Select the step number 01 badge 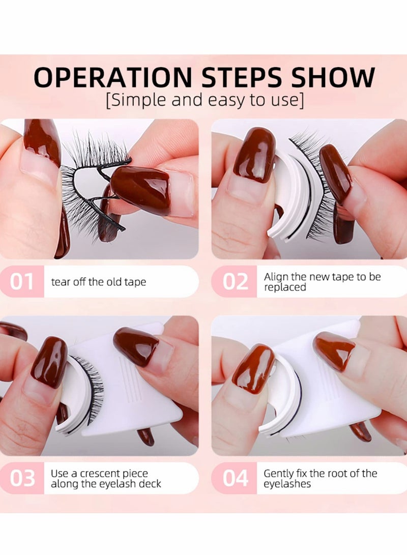[22, 281]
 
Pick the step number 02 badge [235, 281]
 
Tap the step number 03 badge [22, 478]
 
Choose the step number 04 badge [235, 478]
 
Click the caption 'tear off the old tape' [98, 282]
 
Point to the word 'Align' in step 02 [276, 277]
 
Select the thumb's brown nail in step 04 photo [253, 368]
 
